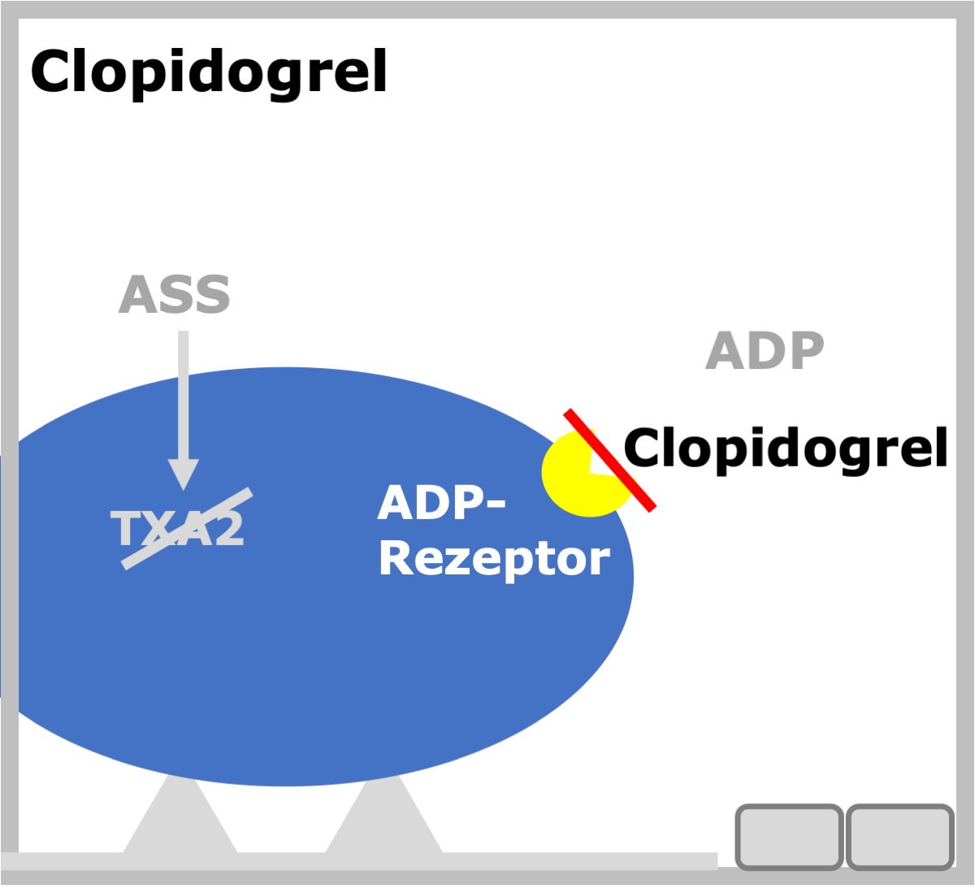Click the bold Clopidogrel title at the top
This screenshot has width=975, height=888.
pos(209,73)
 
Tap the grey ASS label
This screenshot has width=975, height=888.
pos(175,294)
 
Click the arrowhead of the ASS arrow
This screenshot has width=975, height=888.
pos(184,474)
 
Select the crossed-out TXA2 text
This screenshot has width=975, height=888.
pos(178,529)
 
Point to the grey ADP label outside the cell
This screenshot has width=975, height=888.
pos(765,350)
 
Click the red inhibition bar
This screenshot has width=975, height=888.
pos(610,460)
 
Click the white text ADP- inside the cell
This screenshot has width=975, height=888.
pos(441,503)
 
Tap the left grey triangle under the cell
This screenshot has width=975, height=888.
pos(180,816)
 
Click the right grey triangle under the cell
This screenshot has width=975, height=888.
pos(384,816)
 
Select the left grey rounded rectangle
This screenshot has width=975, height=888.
pos(789,837)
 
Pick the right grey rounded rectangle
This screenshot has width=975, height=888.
pos(899,837)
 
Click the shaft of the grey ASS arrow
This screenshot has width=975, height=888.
pos(184,395)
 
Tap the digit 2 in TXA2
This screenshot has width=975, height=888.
pos(228,529)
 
